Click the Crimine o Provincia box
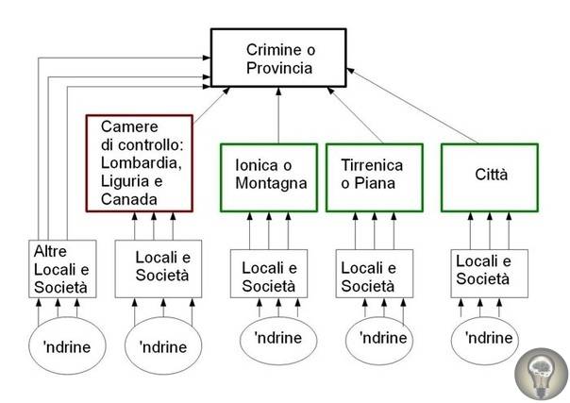click(x=278, y=58)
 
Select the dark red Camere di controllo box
click(x=139, y=162)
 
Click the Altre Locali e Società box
click(x=59, y=269)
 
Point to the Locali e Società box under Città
click(x=482, y=270)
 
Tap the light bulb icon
click(x=541, y=372)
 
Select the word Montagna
click(x=272, y=183)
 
